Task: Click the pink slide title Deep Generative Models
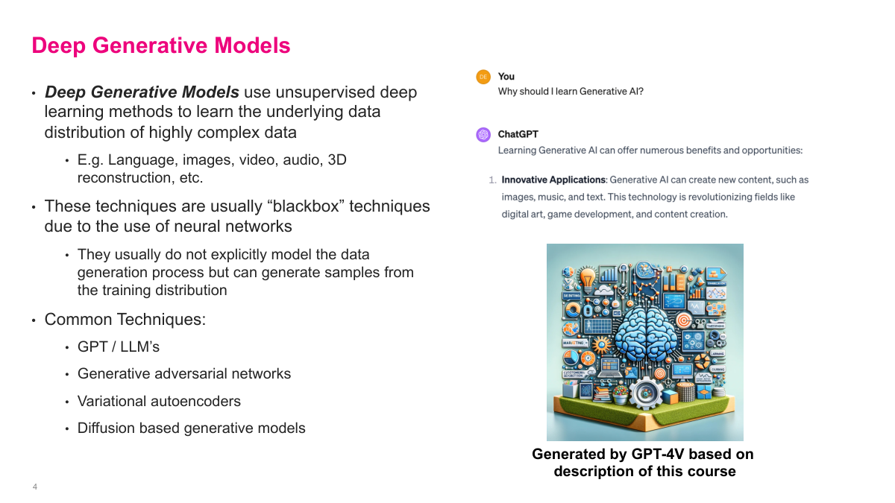160,45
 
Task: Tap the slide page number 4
35,487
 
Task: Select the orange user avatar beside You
483,77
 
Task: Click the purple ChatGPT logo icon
483,135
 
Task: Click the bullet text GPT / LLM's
119,347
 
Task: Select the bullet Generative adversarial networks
184,373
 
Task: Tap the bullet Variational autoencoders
159,401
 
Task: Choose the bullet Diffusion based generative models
192,428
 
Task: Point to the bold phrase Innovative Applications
553,180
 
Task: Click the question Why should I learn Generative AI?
571,92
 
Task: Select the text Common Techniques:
125,320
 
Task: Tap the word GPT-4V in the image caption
668,454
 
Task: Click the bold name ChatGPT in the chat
518,135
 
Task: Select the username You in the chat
506,77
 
